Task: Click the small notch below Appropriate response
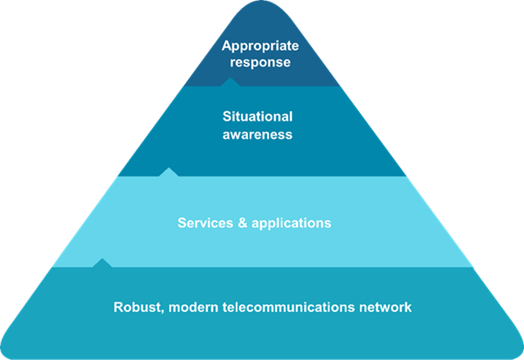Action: [x=230, y=83]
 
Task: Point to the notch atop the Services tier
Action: [x=169, y=172]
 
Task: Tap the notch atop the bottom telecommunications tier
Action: [x=102, y=263]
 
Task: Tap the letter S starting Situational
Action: [x=225, y=117]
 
